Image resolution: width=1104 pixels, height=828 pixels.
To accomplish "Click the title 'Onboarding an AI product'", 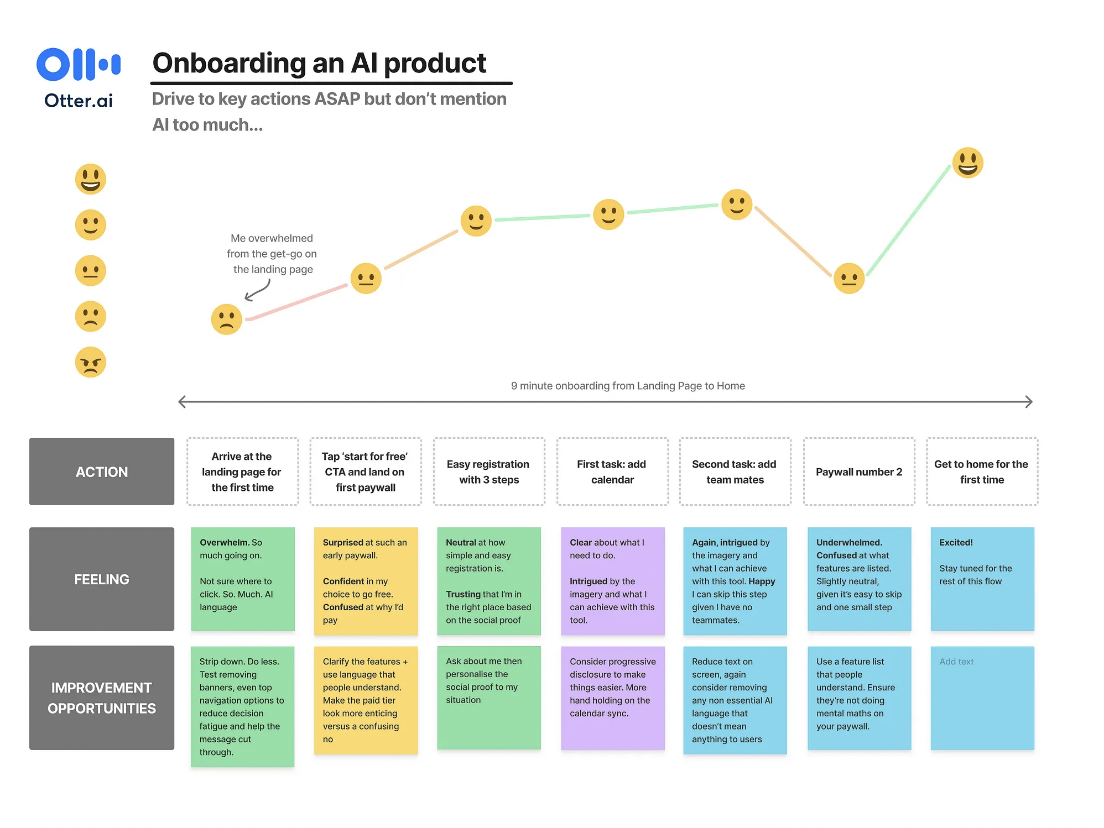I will pos(319,63).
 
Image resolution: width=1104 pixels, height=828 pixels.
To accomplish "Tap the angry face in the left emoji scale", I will pos(90,362).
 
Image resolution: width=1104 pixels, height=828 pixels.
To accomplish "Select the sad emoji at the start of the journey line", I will pos(226,319).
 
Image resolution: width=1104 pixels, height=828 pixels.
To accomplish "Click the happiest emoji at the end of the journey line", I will pos(967,163).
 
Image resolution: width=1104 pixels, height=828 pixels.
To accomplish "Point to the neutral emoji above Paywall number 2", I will pos(848,278).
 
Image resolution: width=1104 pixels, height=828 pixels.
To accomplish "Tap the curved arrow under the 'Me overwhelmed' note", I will pos(257,291).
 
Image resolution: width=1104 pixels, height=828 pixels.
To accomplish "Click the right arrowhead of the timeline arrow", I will pos(1028,402).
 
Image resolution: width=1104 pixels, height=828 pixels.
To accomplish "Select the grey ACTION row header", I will pos(102,471).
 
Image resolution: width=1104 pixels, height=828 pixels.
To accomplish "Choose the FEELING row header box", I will pos(102,579).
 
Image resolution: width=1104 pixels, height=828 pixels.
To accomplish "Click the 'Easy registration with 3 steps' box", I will pos(488,471).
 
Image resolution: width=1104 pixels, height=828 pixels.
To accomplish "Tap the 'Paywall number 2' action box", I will pos(858,471).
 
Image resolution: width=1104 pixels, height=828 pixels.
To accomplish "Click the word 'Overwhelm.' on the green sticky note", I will pos(225,542).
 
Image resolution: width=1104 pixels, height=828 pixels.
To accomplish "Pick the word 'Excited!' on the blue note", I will pos(956,542).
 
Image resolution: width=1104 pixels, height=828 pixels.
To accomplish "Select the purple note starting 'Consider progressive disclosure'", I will pos(612,698).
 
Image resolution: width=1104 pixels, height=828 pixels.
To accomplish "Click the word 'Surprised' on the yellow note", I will pos(343,542).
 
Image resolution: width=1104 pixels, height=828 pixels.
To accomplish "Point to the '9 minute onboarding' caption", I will pos(628,386).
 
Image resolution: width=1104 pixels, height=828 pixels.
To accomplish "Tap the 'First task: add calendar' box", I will pos(612,471).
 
